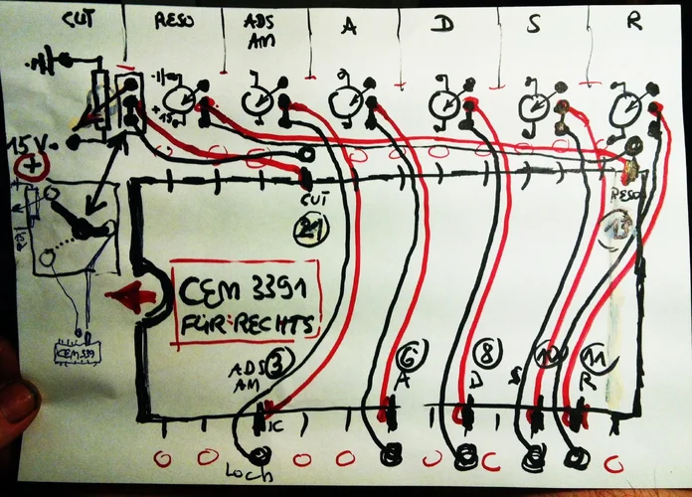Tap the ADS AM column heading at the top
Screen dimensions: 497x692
[x=261, y=27]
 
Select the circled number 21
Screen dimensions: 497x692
[x=311, y=231]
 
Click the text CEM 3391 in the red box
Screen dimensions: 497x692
[x=245, y=292]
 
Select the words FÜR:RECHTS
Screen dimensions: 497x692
[x=245, y=323]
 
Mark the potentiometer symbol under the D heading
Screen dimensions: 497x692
[x=443, y=101]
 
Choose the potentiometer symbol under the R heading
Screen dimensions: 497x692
[x=627, y=104]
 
